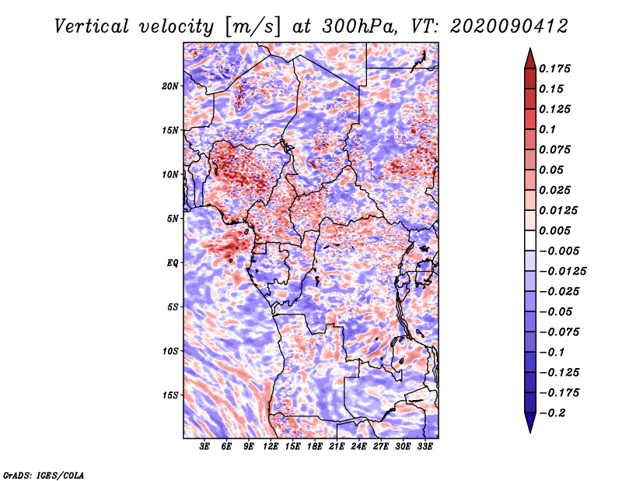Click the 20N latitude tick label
coord(170,86)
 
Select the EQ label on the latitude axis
coord(172,263)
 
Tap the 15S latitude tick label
coord(170,395)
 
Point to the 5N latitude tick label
coord(173,219)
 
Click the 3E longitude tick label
coord(204,447)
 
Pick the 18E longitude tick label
coord(315,447)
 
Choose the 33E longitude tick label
coord(425,447)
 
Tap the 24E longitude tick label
coord(358,447)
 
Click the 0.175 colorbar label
coord(554,68)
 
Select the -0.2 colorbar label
coord(552,413)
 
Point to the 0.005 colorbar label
coord(554,230)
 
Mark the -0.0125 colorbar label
coord(562,272)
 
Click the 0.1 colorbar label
coord(547,129)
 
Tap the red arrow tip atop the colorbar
coord(530,48)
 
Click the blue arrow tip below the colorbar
coord(530,432)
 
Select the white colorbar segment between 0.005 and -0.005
coord(530,240)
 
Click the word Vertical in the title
coord(92,26)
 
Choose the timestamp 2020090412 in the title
coord(509,26)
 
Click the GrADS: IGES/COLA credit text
coord(44,476)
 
